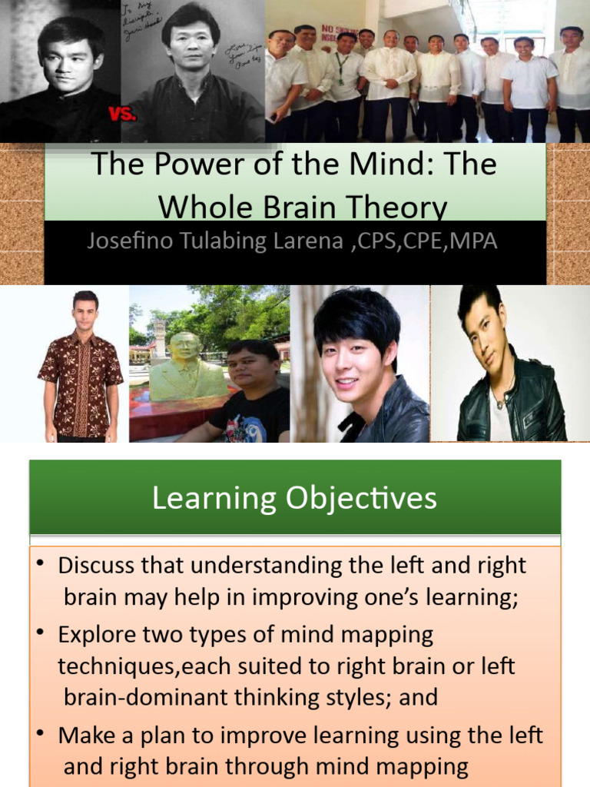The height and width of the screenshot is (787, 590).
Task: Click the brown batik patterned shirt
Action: (x=81, y=384)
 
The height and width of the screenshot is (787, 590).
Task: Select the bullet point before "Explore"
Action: (x=41, y=634)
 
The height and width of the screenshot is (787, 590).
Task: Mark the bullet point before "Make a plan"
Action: (x=41, y=734)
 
